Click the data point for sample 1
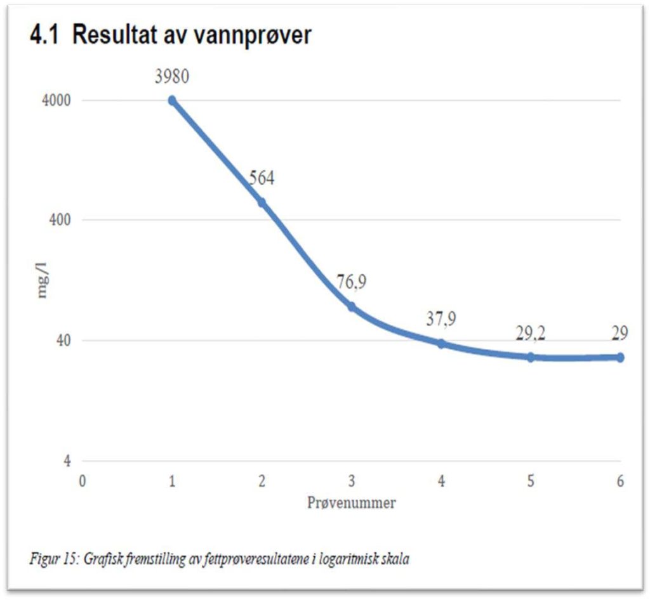[x=172, y=100]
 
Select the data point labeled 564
[x=262, y=202]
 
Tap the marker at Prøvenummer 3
[x=351, y=306]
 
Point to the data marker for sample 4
[x=441, y=343]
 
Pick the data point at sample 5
[x=531, y=357]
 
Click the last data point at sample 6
[x=620, y=357]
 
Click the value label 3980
[x=172, y=77]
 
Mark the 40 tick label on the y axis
[x=63, y=341]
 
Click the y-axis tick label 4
[x=67, y=461]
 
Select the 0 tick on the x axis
[x=82, y=481]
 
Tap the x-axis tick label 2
[x=262, y=481]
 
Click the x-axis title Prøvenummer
[x=351, y=503]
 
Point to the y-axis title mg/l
[x=43, y=281]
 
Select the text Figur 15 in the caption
[x=51, y=559]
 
